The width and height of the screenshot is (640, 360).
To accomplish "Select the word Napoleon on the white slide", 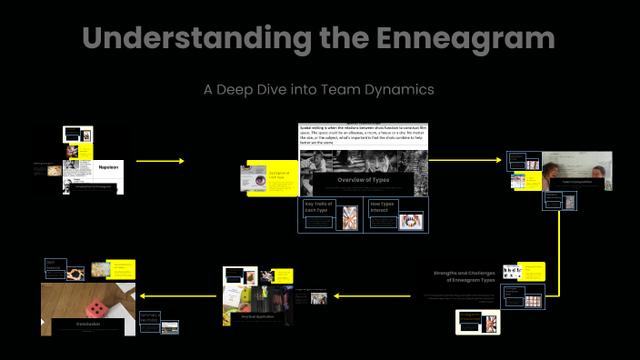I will (x=108, y=168).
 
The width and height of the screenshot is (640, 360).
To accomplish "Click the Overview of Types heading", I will (x=363, y=180).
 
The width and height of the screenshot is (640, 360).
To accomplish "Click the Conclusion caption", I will (x=88, y=323).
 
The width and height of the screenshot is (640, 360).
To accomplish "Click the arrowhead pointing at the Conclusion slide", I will (x=141, y=294).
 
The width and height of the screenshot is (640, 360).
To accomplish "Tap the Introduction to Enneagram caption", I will (x=94, y=186).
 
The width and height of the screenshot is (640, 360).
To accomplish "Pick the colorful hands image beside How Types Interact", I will (x=410, y=221).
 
